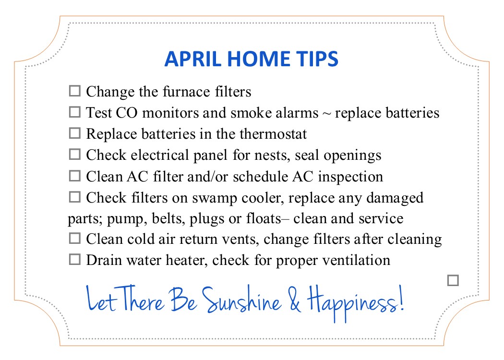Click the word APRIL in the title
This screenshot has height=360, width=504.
click(x=193, y=59)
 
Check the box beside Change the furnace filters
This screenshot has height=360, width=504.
click(x=74, y=91)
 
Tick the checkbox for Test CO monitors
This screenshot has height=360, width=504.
click(x=74, y=112)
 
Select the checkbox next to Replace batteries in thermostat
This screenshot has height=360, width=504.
click(x=74, y=133)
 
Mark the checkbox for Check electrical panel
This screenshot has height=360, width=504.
click(x=74, y=154)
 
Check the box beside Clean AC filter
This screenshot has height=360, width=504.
click(x=74, y=176)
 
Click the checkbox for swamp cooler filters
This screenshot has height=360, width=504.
click(x=74, y=197)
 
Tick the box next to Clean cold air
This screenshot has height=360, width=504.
click(x=74, y=239)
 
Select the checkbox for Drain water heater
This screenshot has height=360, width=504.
click(x=74, y=259)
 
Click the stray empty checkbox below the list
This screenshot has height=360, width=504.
click(x=453, y=280)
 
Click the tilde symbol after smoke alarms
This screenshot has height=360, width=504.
click(x=326, y=113)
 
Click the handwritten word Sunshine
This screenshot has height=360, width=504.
click(x=241, y=300)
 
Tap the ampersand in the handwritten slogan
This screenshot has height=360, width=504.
click(x=294, y=299)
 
